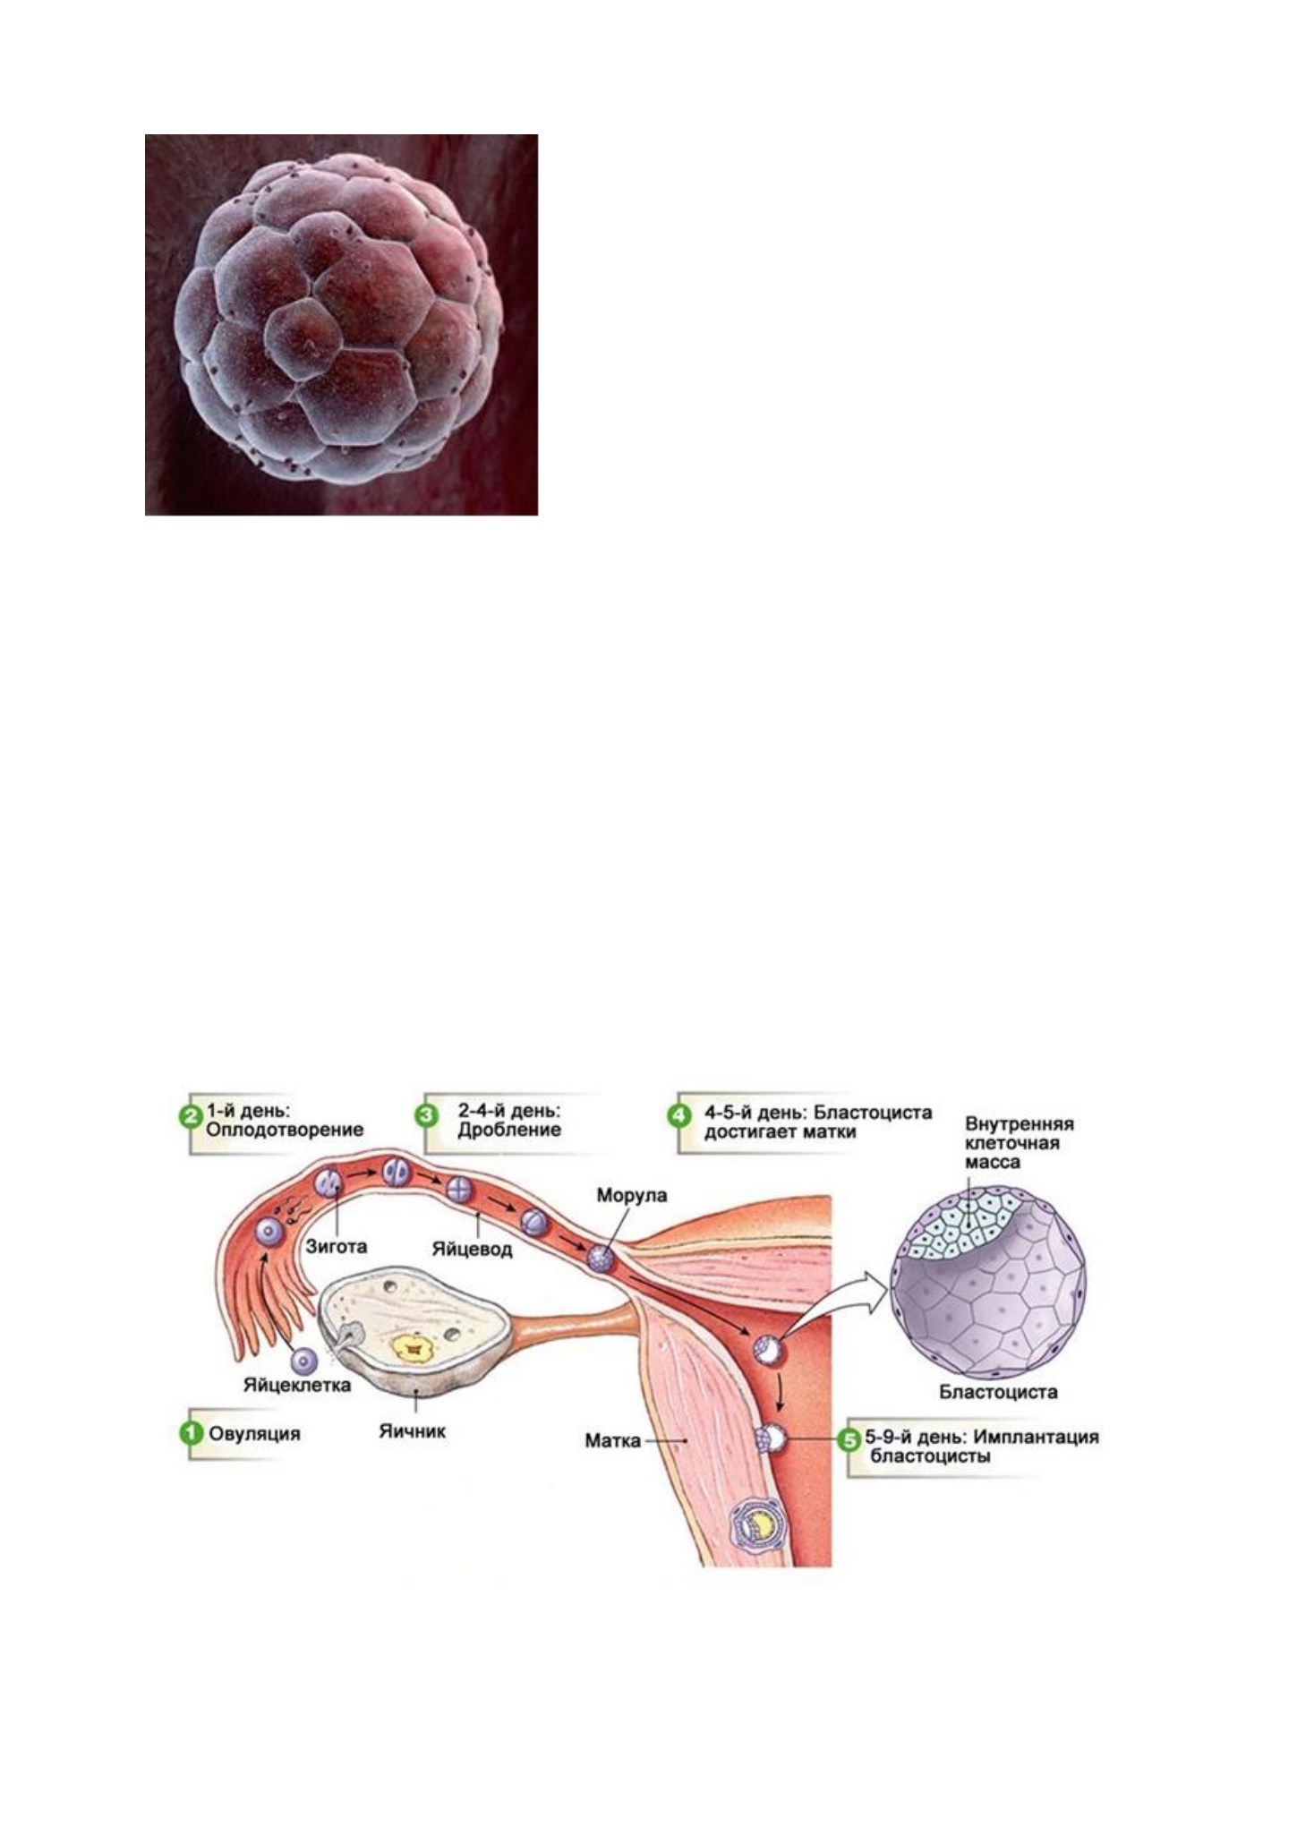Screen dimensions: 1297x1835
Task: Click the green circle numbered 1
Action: pos(191,1433)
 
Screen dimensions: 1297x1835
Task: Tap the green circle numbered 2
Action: pos(191,1118)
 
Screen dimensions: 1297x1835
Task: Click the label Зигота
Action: pos(337,1245)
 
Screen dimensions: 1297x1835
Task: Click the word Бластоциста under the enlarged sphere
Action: pos(998,1392)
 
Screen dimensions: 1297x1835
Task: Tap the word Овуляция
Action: pos(255,1433)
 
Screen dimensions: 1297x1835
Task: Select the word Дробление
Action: pos(510,1130)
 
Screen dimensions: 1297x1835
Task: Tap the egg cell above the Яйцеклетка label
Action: pos(306,1362)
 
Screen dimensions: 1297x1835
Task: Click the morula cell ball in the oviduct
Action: pos(600,1259)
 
